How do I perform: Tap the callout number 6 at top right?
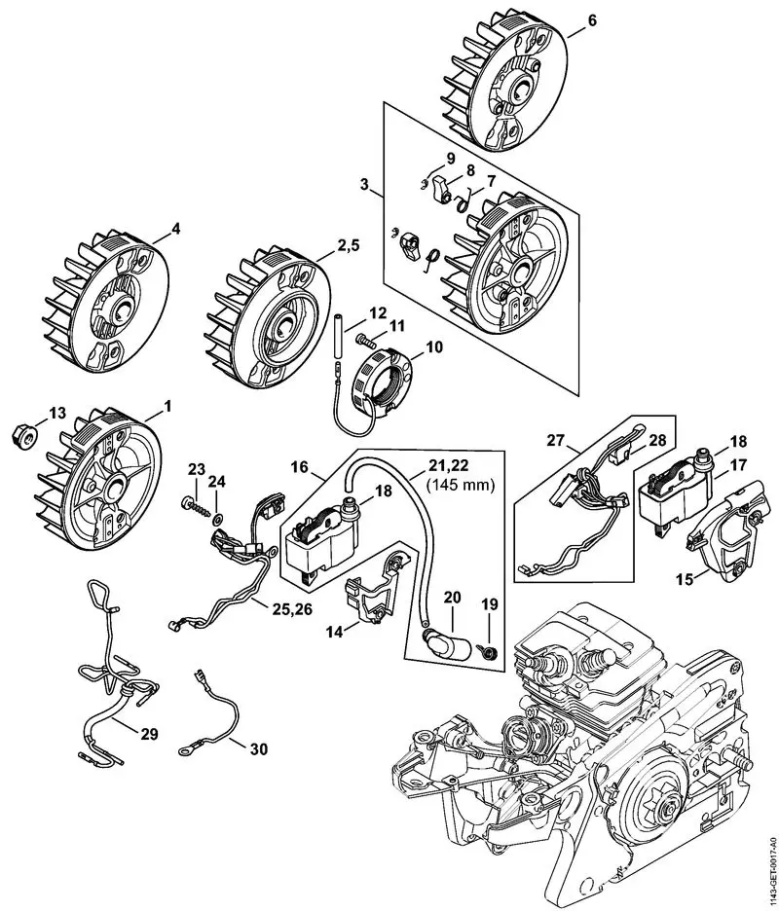tap(592, 18)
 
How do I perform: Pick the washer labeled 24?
tap(217, 509)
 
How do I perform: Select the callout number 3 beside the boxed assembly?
tap(363, 184)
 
